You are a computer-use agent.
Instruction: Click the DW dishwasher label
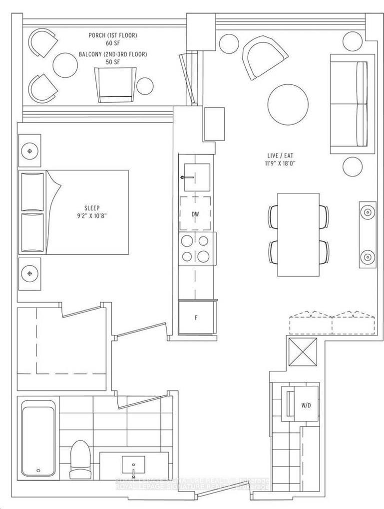(196, 214)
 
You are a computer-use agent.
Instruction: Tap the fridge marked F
(196, 317)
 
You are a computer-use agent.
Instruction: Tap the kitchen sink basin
(196, 177)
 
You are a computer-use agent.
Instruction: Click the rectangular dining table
(298, 234)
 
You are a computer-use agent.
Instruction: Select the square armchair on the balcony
(115, 84)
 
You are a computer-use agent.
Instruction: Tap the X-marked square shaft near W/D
(302, 352)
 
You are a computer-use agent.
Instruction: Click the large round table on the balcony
(65, 65)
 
